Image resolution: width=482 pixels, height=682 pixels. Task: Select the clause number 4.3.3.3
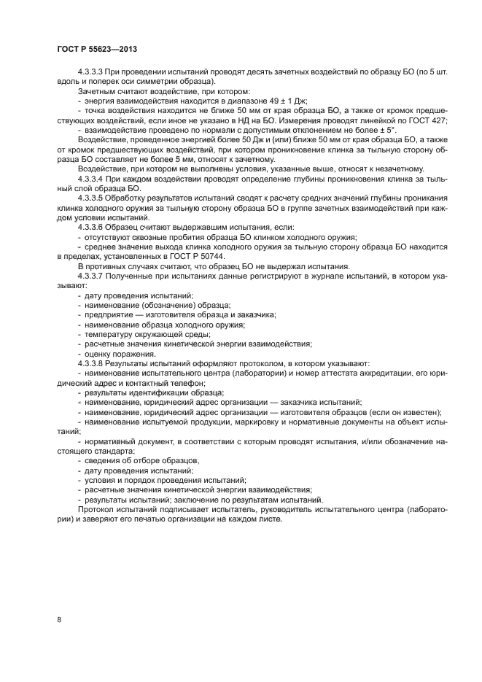pyautogui.click(x=91, y=73)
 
